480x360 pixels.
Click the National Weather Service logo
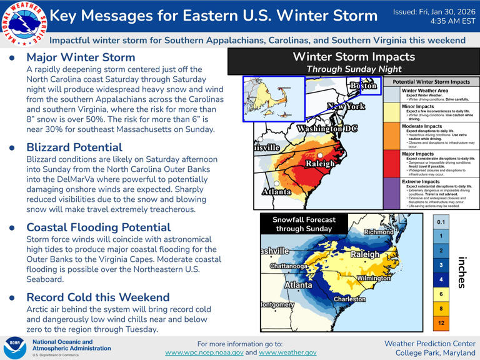point(23,22)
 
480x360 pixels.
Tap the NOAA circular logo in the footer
point(15,347)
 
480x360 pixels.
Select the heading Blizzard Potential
point(74,147)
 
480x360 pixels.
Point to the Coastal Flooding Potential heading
point(98,227)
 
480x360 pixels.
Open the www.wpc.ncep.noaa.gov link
point(204,352)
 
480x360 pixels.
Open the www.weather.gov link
point(287,352)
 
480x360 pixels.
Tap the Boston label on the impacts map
point(362,86)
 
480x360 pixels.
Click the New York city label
point(346,107)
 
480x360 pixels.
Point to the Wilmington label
point(373,277)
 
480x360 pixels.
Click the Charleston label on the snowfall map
point(349,299)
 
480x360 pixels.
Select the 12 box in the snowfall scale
point(441,323)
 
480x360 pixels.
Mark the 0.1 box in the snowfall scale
point(441,222)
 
